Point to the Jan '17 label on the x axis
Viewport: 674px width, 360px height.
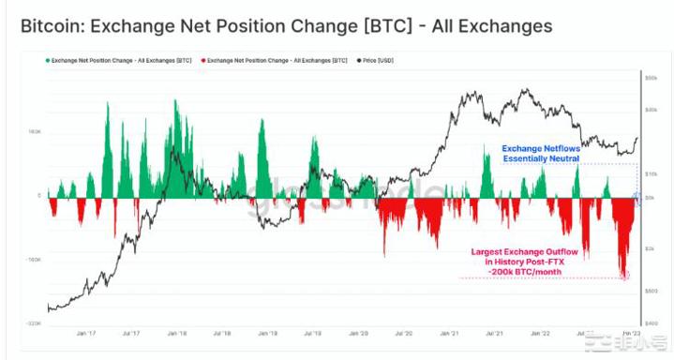86,332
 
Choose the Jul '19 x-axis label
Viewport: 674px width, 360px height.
313,332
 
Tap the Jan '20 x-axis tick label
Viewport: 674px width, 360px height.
360,332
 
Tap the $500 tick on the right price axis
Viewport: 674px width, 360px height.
652,291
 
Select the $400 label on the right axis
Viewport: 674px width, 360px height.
652,322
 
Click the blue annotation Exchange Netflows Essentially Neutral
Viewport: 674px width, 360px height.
540,154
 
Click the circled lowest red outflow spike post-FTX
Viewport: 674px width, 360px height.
625,275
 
